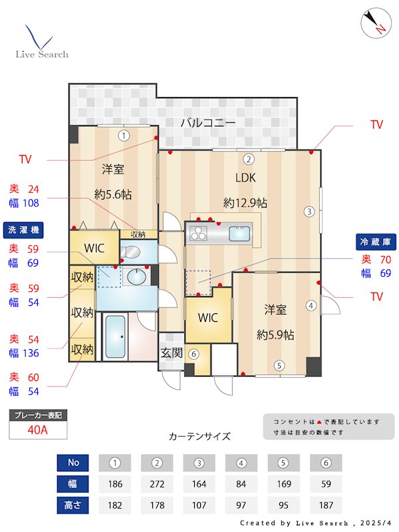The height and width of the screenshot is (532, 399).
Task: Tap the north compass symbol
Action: (374, 23)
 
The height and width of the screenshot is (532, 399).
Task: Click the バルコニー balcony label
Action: (207, 122)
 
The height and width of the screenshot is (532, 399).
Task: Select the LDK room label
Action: (245, 178)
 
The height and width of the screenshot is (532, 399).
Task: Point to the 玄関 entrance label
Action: (172, 352)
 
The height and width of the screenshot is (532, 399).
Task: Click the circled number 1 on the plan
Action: (124, 136)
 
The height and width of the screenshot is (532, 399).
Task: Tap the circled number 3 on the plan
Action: (309, 212)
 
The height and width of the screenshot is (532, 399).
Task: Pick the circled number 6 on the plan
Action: (194, 354)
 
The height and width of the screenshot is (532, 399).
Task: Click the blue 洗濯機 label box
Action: (25, 230)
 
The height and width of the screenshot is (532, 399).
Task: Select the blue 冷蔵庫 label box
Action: (376, 241)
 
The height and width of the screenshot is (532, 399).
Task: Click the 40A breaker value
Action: (38, 430)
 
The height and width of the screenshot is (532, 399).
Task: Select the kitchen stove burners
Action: (199, 233)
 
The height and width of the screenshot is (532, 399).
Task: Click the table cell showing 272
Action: (158, 483)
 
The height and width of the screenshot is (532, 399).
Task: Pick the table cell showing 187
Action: (326, 505)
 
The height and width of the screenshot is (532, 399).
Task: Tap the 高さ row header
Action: (73, 505)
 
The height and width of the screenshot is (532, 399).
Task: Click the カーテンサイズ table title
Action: (199, 436)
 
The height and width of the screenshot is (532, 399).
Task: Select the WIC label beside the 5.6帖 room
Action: (94, 248)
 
